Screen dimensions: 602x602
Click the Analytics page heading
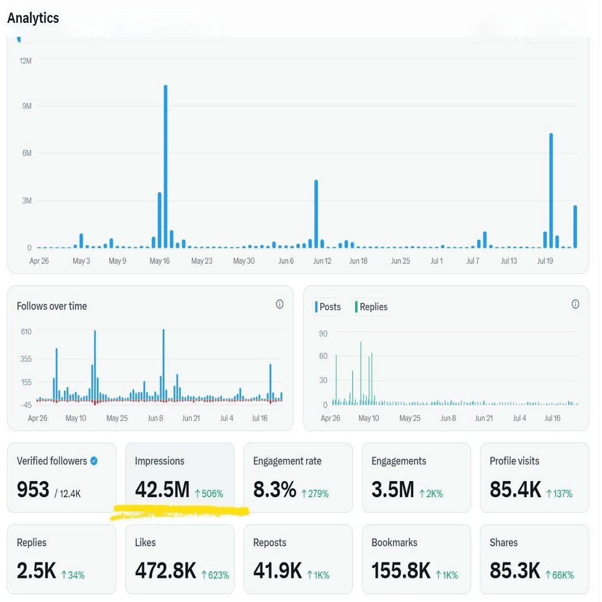pos(33,18)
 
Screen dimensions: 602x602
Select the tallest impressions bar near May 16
pos(166,167)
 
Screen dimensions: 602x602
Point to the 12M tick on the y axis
pos(26,60)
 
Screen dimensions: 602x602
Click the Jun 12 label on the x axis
pos(322,261)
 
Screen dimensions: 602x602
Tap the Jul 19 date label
pos(545,261)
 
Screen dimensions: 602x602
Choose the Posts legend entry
pos(329,307)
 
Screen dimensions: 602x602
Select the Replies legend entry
pos(372,307)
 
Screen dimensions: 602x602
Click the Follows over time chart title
pos(52,306)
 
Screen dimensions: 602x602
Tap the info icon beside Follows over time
pos(280,304)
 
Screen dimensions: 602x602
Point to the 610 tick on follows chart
pos(26,332)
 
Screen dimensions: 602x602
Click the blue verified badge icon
pos(94,461)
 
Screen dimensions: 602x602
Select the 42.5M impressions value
pos(162,489)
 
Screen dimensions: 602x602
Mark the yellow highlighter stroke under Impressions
pos(178,511)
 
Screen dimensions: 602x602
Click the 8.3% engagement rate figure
pos(274,489)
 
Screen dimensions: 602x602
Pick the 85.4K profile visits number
pos(515,489)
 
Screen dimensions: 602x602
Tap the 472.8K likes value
pos(166,571)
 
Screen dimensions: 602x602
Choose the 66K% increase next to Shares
pos(559,575)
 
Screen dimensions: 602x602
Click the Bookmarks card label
pos(394,542)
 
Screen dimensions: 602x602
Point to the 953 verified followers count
pos(33,489)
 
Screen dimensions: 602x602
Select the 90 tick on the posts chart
pos(323,333)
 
